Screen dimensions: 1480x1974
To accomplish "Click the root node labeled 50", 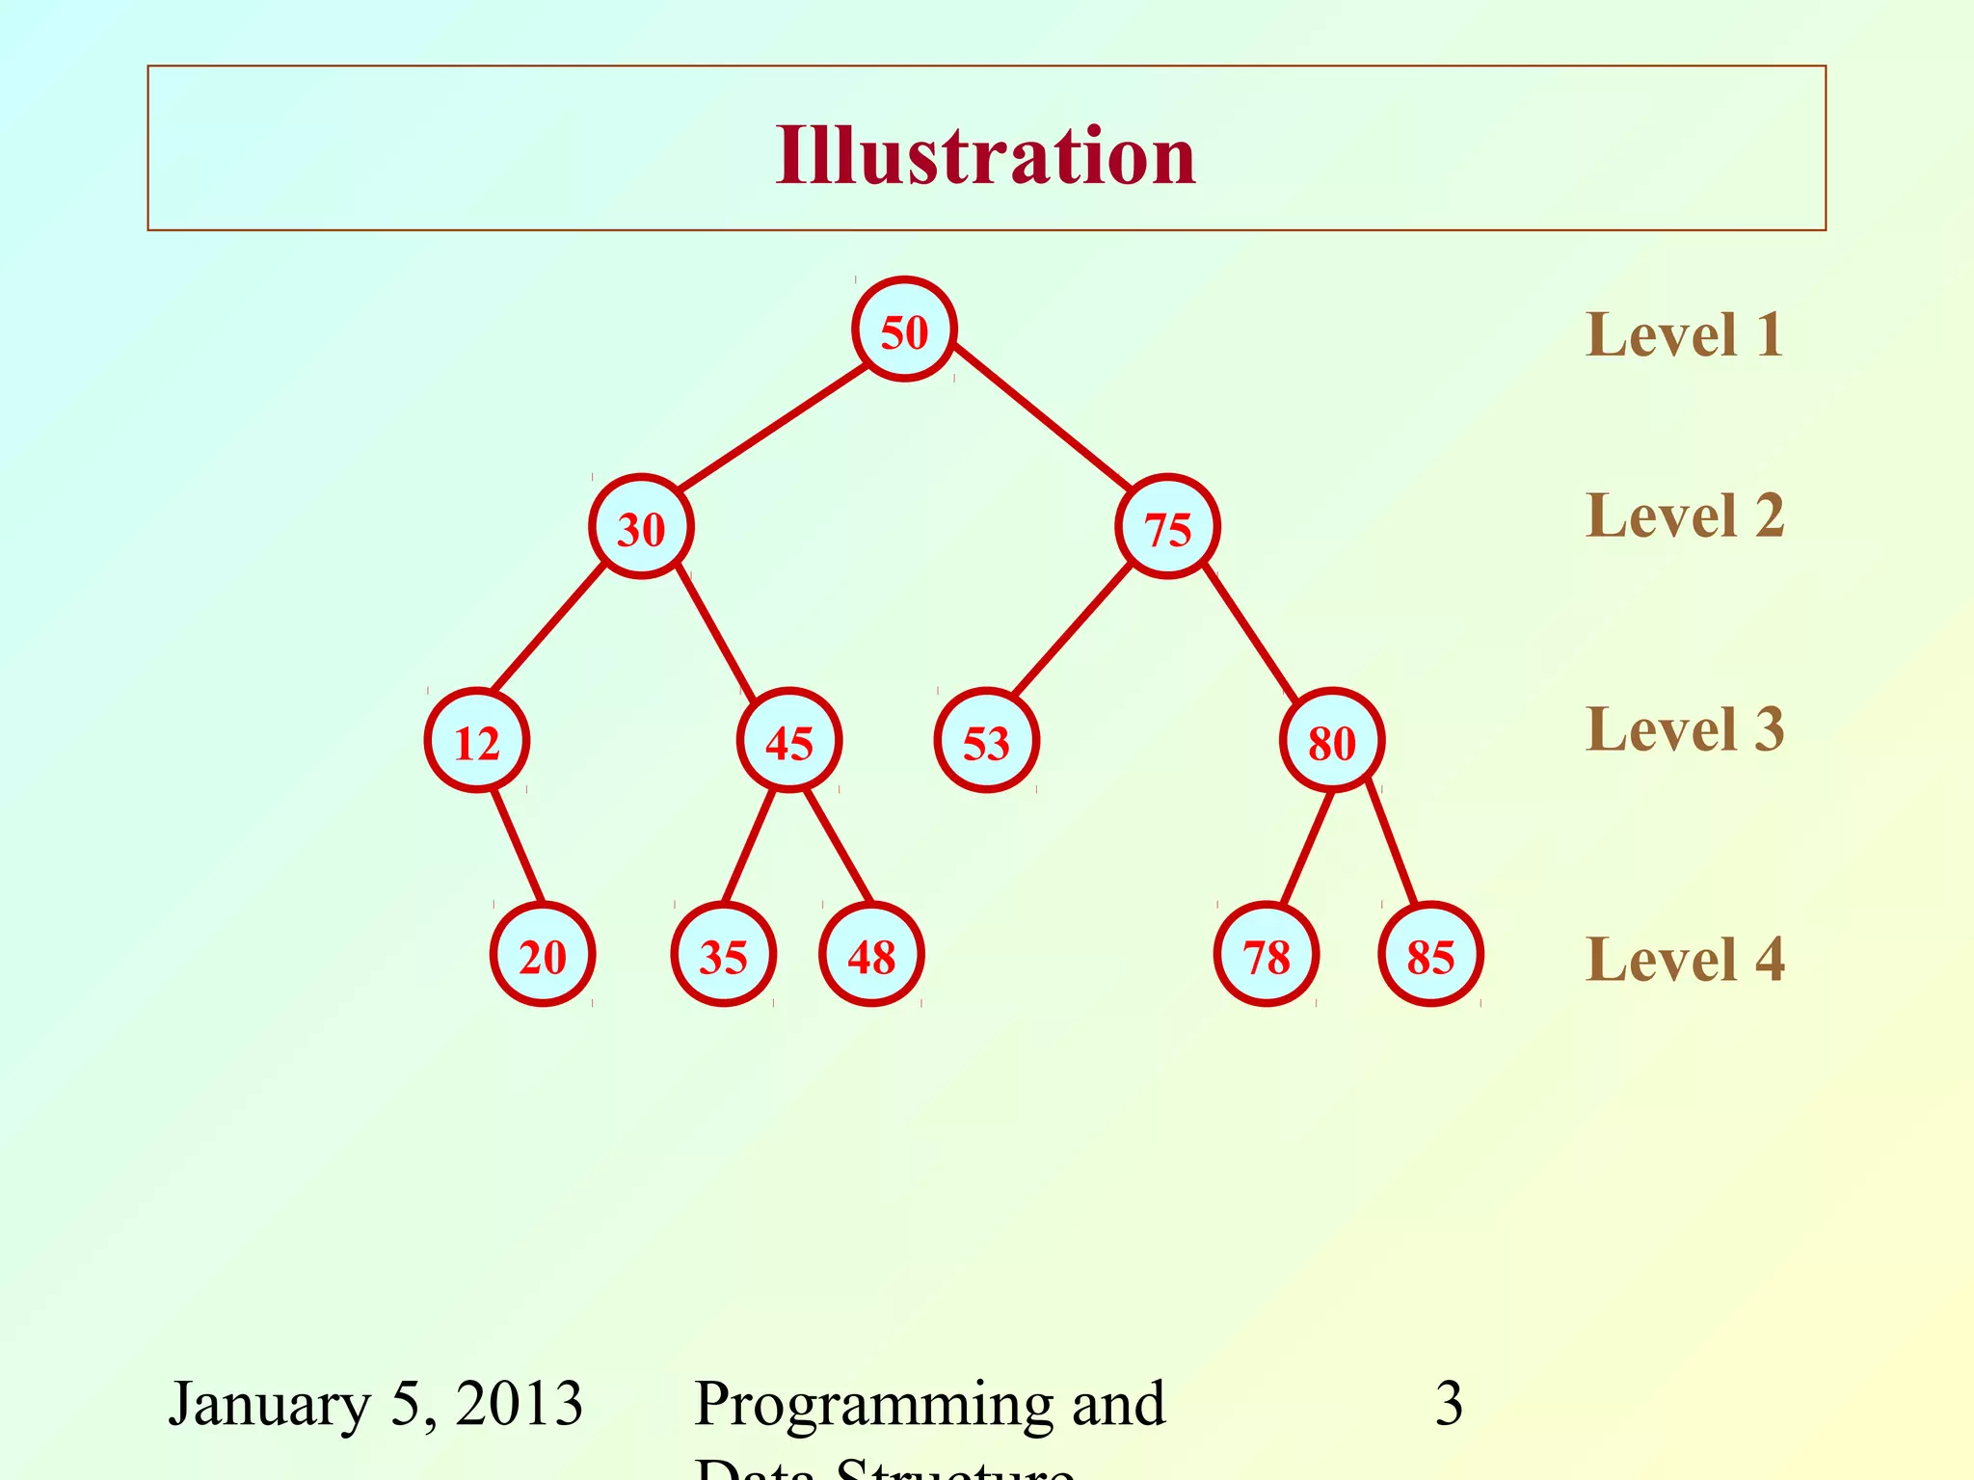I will [904, 330].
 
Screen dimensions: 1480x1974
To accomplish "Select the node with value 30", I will [641, 528].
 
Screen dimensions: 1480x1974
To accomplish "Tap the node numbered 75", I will [1167, 528].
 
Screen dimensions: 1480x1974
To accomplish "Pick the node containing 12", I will [477, 742].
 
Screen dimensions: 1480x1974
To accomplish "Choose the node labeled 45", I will [789, 742].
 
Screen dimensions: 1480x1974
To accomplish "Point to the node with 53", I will [986, 742].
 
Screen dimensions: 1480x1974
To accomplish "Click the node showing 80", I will [1332, 742].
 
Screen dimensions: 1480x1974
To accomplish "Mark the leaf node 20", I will [543, 956].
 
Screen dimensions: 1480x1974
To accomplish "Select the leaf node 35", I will [723, 956].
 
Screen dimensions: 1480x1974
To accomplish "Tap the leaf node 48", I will [871, 956].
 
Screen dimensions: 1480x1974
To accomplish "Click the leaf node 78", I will [1267, 956].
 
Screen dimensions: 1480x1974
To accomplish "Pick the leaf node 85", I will [1430, 956].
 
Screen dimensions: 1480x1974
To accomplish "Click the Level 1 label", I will [1684, 335].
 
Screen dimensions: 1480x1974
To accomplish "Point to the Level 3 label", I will [1684, 729].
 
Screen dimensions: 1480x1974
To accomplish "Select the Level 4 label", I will [1684, 960].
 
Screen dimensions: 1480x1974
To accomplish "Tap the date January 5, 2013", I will [376, 1404].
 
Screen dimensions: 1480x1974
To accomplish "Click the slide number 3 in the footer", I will [1449, 1404].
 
